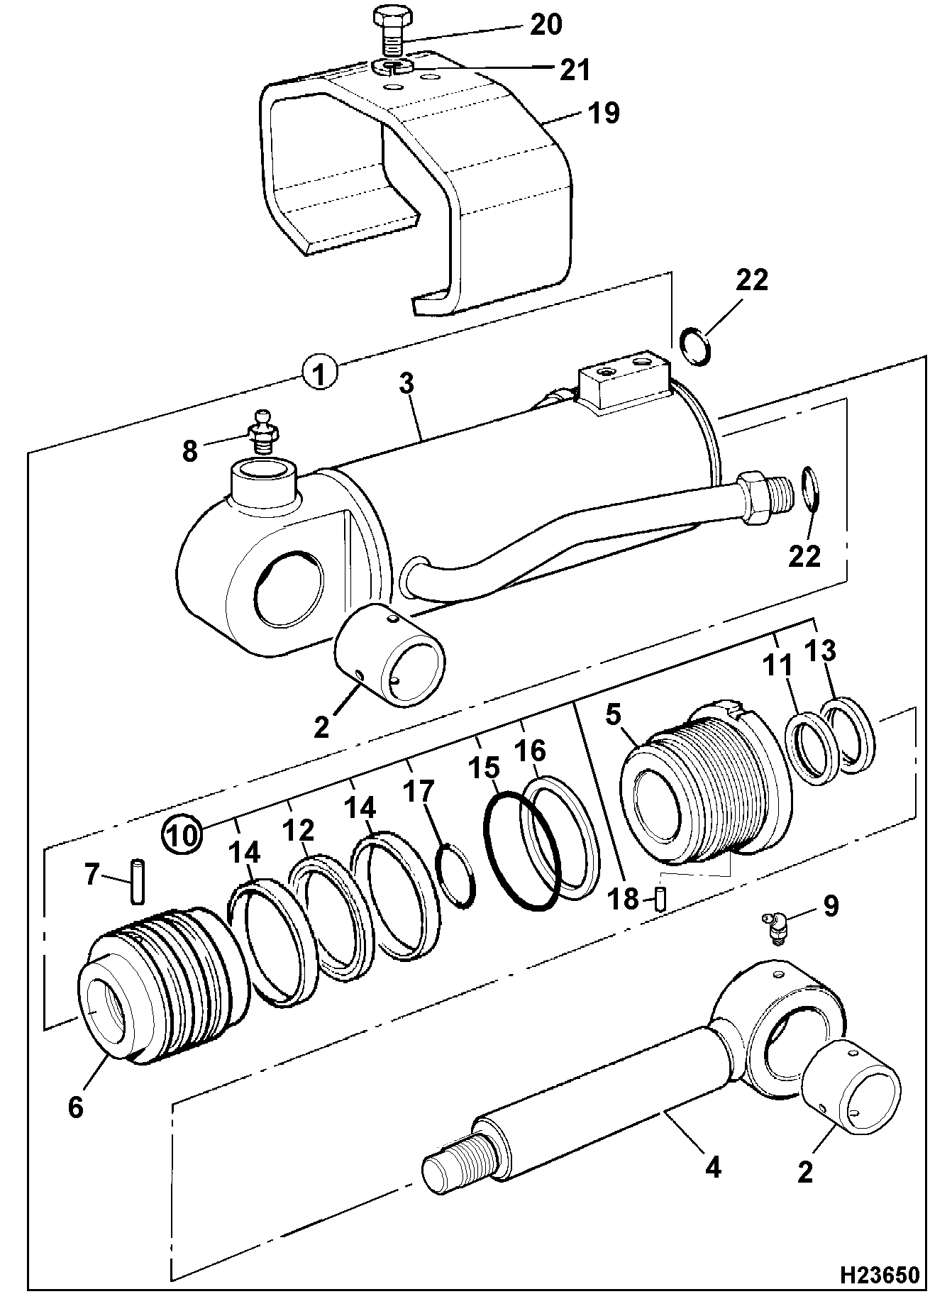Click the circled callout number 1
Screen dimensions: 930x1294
tap(320, 373)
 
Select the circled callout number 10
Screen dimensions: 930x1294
tap(182, 834)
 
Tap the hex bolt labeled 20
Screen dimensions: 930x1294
tap(387, 33)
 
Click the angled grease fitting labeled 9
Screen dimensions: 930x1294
tap(777, 927)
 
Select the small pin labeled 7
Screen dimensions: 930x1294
tap(138, 881)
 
